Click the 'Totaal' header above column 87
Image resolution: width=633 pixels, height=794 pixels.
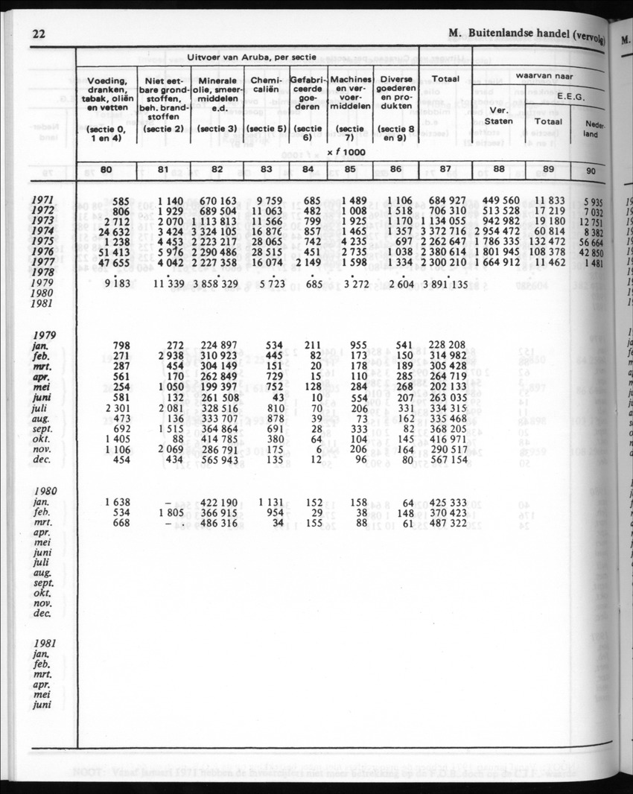(x=445, y=78)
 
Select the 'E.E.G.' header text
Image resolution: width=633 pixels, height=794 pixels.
(x=571, y=96)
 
